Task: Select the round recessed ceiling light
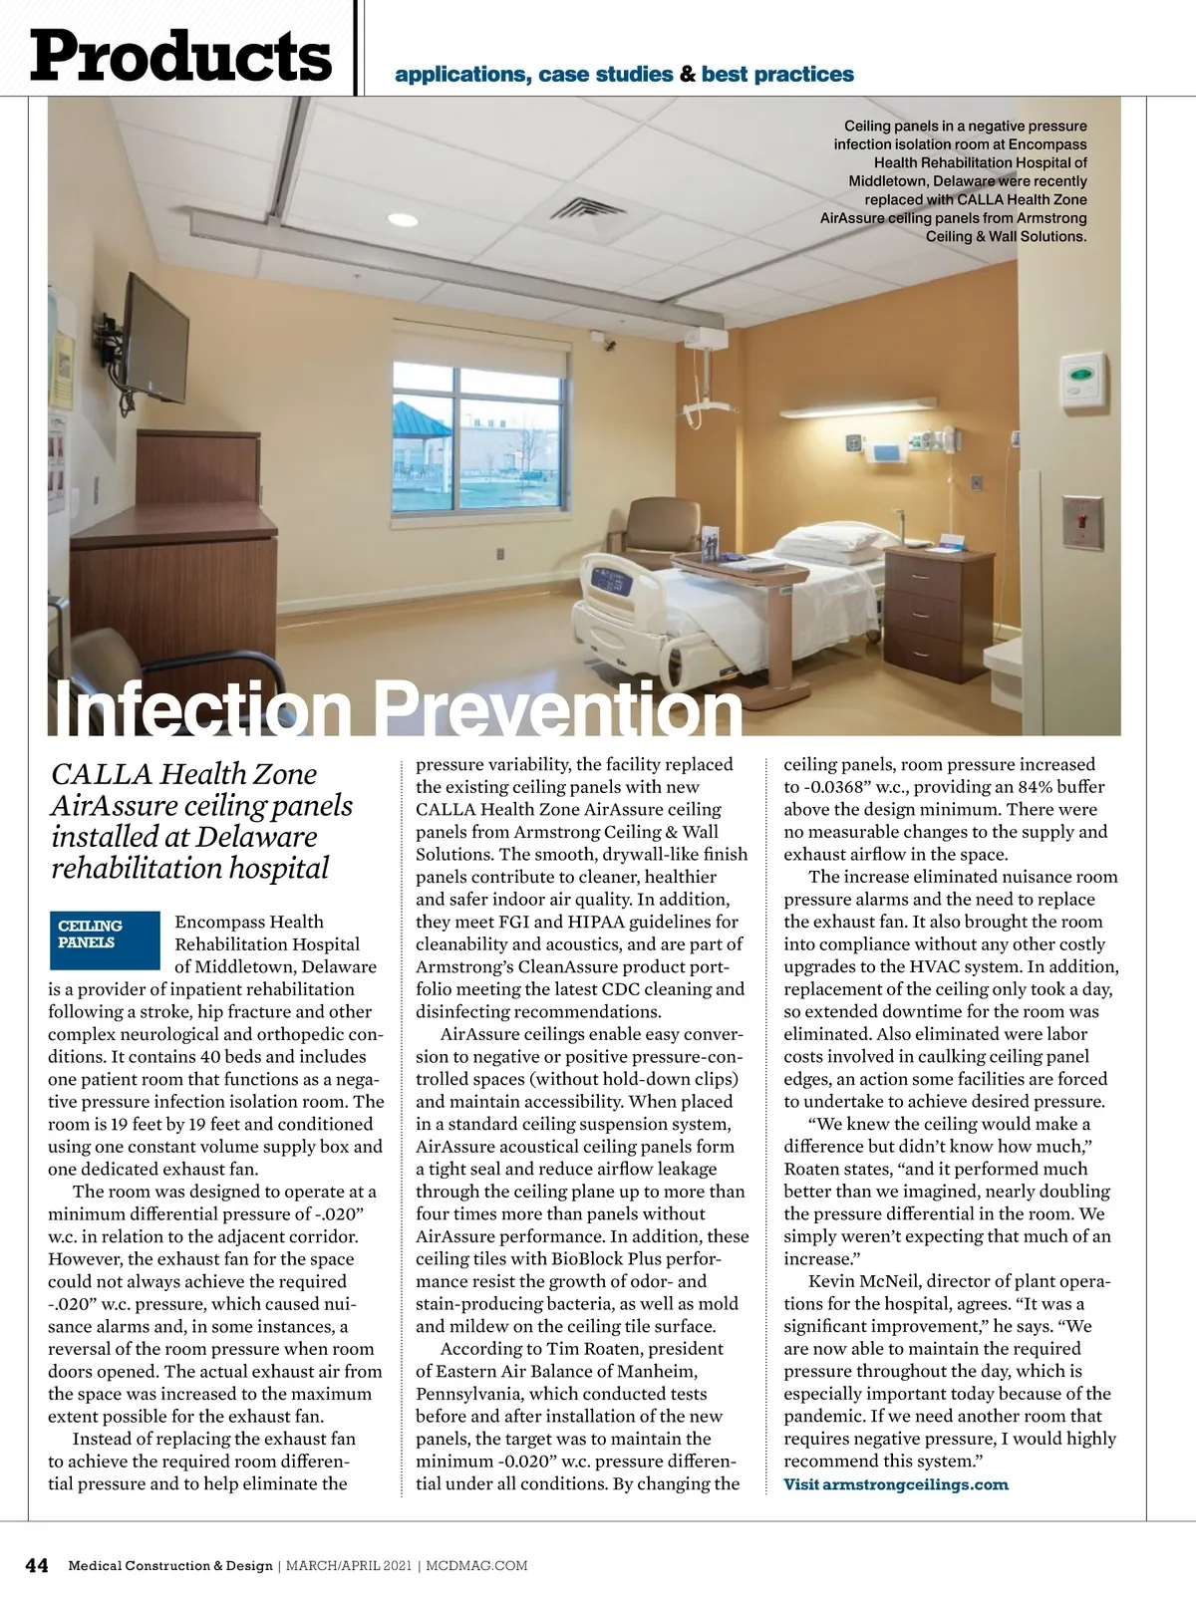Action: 402,220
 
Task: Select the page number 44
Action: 37,1565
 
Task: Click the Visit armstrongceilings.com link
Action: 895,1484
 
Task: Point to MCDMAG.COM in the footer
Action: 476,1566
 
